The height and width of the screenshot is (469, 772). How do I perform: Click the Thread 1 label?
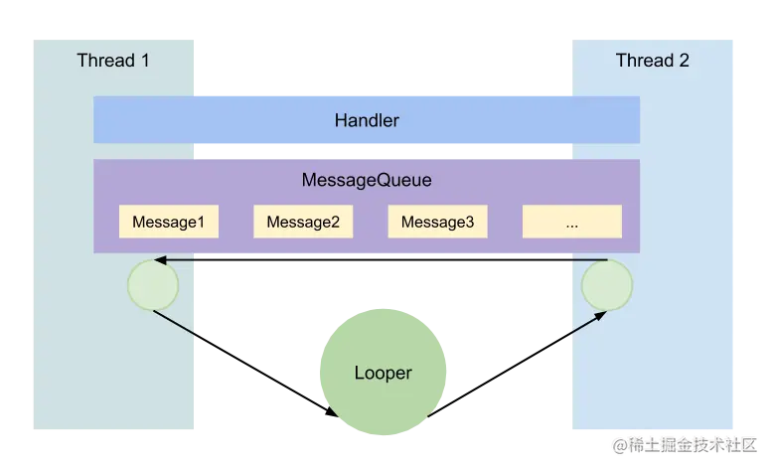coord(113,61)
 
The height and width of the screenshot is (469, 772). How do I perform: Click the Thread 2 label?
coord(652,61)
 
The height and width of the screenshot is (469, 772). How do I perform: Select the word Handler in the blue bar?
coord(367,120)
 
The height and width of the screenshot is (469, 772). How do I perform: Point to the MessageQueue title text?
coord(367,182)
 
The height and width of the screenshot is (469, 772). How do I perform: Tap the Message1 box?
coord(168,222)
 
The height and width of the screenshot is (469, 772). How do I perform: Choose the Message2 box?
coord(303,222)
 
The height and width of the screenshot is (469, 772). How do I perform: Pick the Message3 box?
coord(437,222)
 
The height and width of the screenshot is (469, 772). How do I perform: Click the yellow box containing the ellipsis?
coord(572,222)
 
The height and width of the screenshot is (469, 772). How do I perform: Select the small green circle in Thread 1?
coord(153,285)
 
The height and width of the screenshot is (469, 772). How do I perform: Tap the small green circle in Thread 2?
coord(606,285)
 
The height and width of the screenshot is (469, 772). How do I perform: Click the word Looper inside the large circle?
coord(383,374)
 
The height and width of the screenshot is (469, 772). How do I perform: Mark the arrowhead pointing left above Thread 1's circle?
coord(161,260)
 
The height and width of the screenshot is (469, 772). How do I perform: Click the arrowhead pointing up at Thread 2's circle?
coord(601,315)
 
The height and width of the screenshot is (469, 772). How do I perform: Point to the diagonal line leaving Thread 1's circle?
coord(176,324)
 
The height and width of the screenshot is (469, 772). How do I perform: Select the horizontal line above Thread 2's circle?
coord(590,260)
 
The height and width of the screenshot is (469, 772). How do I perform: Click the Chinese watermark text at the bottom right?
coord(687,444)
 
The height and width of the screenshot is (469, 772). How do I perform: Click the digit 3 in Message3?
coord(469,222)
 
